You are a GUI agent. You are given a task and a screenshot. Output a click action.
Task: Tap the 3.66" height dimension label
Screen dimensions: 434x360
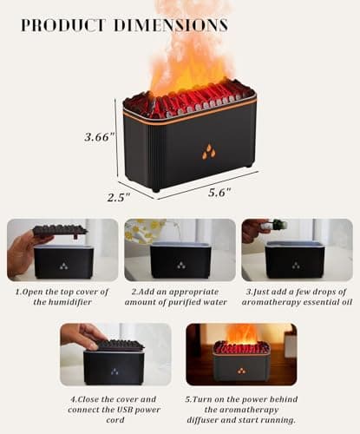[x=100, y=136]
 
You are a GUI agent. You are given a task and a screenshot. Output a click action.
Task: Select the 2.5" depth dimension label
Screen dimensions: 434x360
[x=118, y=197]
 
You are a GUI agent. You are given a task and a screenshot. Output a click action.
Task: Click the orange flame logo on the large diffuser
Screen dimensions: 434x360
[x=208, y=152]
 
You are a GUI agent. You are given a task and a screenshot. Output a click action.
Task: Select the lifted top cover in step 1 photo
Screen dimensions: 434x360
[x=60, y=230]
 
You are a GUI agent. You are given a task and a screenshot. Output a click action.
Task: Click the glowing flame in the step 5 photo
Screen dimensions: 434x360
[x=242, y=334]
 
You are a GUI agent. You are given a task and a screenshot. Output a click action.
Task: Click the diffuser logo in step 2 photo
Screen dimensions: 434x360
[x=180, y=265]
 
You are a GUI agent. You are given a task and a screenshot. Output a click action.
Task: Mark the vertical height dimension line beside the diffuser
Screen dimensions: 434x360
[x=115, y=136]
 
